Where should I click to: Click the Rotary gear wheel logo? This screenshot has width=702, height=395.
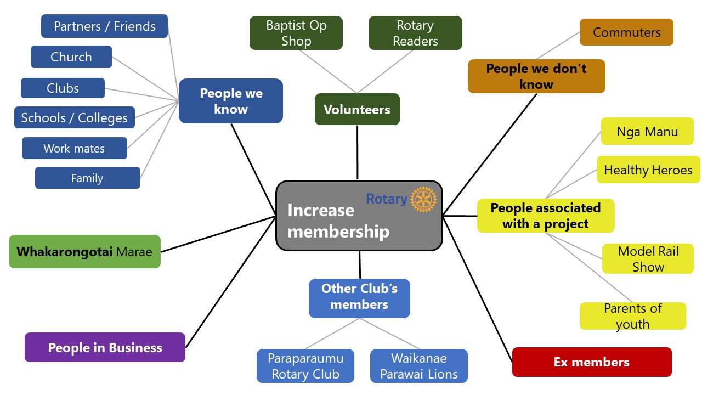tap(423, 199)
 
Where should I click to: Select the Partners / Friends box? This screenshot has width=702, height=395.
tap(104, 26)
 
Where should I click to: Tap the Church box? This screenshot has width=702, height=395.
tap(71, 57)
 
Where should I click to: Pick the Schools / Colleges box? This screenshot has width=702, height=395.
tap(75, 118)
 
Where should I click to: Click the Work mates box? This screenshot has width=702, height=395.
tap(74, 148)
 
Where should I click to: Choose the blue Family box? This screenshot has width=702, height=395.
tap(87, 178)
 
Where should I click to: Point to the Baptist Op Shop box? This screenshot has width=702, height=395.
tap(296, 33)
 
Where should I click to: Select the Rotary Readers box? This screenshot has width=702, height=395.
tap(415, 33)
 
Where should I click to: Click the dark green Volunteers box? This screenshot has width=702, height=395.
tap(357, 109)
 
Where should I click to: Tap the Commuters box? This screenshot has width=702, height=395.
tap(626, 32)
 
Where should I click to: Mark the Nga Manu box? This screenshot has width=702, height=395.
tap(647, 132)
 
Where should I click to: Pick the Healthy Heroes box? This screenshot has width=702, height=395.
tap(648, 170)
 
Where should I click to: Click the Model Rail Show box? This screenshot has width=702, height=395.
tap(648, 259)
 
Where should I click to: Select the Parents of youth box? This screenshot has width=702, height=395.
tap(632, 316)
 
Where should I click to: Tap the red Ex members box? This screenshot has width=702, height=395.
tap(591, 362)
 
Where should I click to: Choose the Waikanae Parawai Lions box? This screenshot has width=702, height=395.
tap(419, 366)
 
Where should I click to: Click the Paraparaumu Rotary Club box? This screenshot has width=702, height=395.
tap(305, 366)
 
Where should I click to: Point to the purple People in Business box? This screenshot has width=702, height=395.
tap(105, 347)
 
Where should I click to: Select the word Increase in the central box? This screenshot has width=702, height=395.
tap(321, 211)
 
